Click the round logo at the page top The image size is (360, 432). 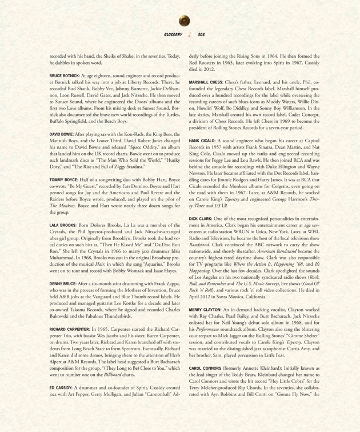coord(184,21)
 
